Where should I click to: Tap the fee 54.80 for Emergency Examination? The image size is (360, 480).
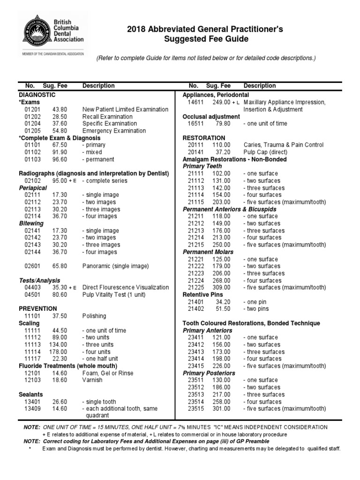click(x=60, y=131)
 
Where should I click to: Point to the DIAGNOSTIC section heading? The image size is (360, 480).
click(x=37, y=95)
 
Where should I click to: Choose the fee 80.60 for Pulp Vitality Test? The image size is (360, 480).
click(x=60, y=294)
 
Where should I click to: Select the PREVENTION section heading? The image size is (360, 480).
click(x=37, y=308)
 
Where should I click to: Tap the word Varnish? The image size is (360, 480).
click(x=92, y=380)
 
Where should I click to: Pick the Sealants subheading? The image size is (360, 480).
click(x=31, y=394)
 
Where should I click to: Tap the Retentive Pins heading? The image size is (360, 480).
click(x=202, y=294)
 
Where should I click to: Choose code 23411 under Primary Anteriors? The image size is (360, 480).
click(x=196, y=337)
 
